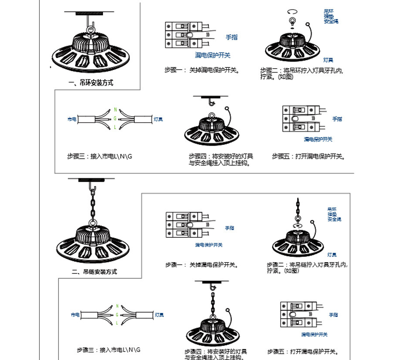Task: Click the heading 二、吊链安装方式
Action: (x=94, y=272)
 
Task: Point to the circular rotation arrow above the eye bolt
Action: (x=291, y=12)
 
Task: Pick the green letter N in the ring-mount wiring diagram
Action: (x=115, y=110)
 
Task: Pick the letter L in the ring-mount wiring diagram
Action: (x=115, y=127)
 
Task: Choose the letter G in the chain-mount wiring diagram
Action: (x=116, y=314)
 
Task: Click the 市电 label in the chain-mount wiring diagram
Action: (x=75, y=315)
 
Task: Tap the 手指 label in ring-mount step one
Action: (x=232, y=37)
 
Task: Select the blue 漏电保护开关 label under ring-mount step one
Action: (x=212, y=56)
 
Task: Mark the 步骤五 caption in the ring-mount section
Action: (x=308, y=157)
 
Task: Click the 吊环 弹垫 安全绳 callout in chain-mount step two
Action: (x=334, y=214)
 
